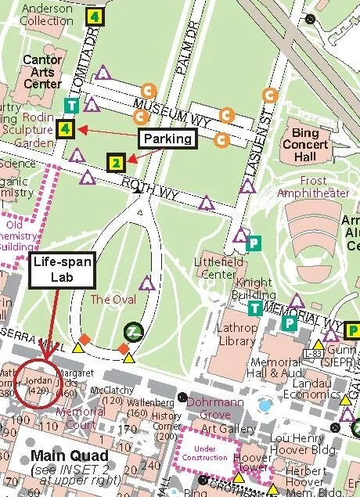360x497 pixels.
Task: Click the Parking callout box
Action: coord(167,139)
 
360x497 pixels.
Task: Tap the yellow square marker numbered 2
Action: coord(116,163)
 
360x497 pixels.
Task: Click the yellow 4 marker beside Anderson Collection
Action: coord(95,16)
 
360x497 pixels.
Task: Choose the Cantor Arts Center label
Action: coord(42,72)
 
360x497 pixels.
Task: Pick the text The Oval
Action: coord(113,300)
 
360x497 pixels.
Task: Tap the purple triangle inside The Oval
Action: coord(146,283)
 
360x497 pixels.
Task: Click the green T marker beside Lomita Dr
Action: coord(71,106)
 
